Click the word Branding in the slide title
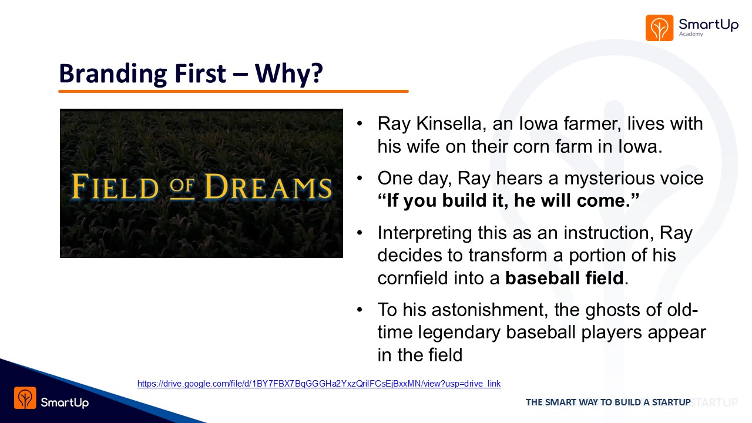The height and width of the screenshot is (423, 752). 113,74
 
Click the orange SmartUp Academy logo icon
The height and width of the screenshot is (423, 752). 659,28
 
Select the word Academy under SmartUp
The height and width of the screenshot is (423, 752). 691,34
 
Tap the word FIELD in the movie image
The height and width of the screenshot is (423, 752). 115,187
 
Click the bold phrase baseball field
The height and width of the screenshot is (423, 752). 565,278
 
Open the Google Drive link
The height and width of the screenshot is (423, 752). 319,384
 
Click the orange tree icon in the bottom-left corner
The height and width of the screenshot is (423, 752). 25,398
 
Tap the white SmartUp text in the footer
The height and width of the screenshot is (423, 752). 65,402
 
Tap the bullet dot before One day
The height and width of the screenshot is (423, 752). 360,178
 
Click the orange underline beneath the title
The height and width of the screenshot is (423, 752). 233,91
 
